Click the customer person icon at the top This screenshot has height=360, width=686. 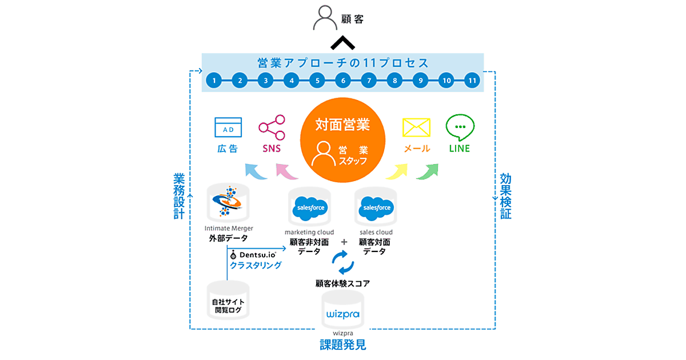[x=324, y=19]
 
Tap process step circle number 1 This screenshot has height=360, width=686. [x=213, y=81]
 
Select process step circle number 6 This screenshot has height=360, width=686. [x=343, y=81]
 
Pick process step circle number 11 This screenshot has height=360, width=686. [x=472, y=81]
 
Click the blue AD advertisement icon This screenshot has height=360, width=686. [x=228, y=127]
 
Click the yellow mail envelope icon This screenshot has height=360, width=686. [x=416, y=127]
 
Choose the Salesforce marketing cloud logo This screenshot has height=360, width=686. [x=309, y=209]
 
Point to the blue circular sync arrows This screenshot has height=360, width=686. [x=343, y=264]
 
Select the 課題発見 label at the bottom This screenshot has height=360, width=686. [x=343, y=345]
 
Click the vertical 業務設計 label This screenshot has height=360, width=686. [x=179, y=197]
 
